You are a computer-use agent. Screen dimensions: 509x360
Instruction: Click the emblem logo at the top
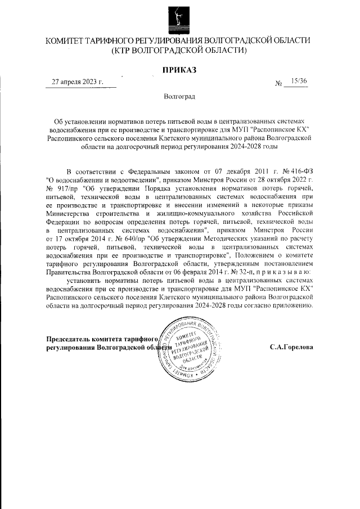179,17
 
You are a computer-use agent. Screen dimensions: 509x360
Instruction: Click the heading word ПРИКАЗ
179,70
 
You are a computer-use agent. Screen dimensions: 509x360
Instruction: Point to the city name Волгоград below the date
179,97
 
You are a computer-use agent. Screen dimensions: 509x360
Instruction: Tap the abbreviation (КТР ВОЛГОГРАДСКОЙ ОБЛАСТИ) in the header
179,51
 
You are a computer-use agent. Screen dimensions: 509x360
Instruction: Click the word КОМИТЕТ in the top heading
67,41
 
